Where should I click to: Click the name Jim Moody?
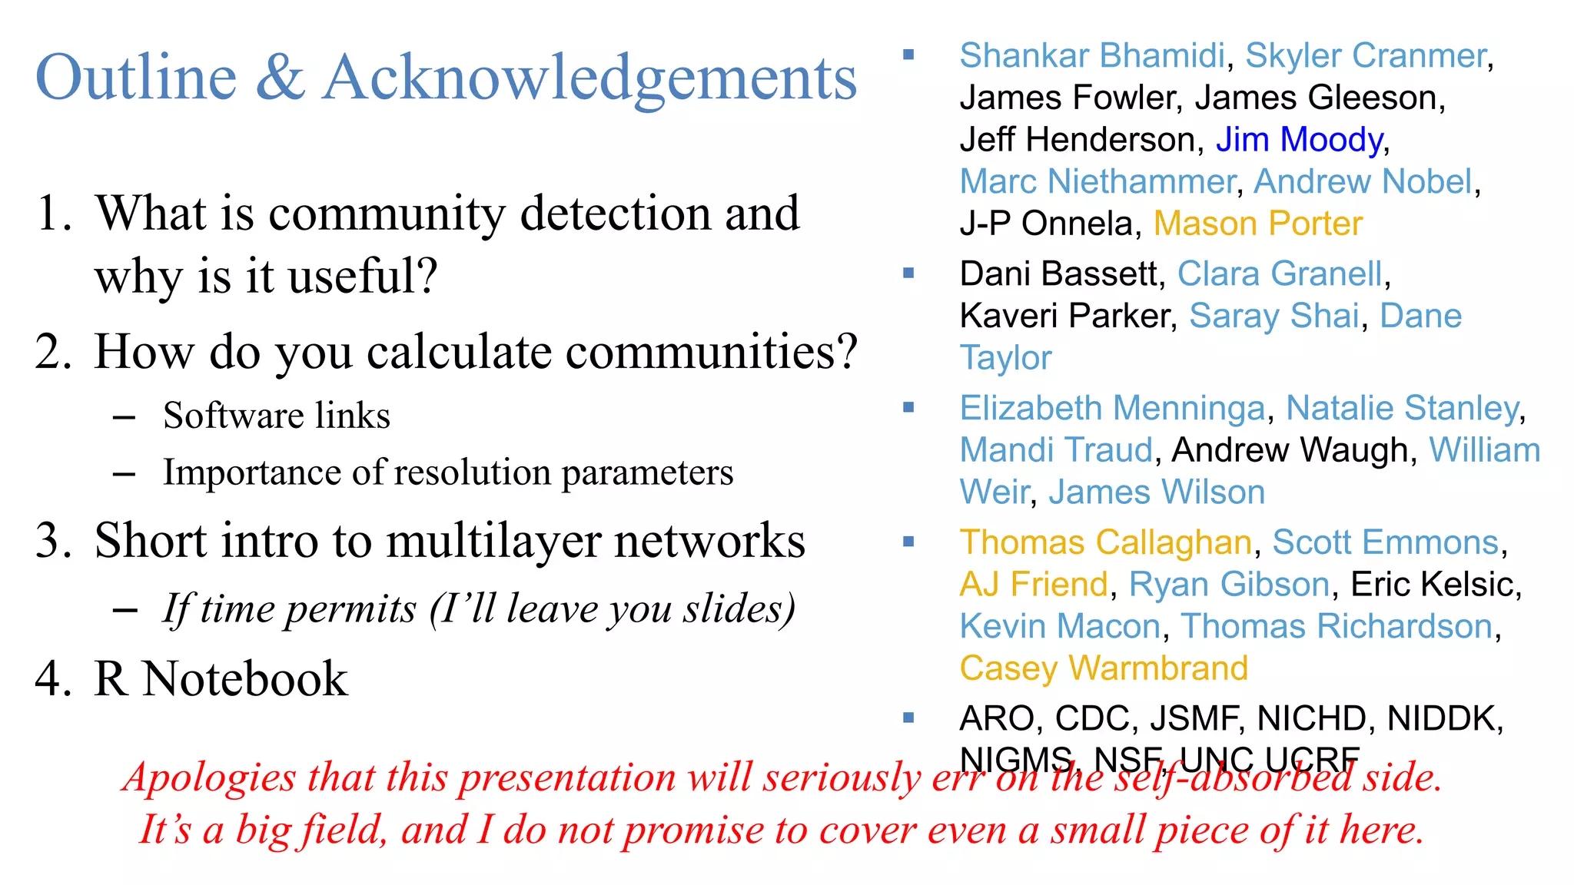[1299, 140]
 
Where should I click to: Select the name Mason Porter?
[1257, 224]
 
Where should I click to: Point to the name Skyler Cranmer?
[1366, 56]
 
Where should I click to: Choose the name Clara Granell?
[1280, 273]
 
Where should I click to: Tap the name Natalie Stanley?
[1403, 408]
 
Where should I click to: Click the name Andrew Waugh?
[1289, 450]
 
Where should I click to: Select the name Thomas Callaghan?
[1106, 542]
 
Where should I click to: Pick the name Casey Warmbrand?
[1104, 668]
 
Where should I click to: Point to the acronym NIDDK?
[1443, 719]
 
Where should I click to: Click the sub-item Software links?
[277, 416]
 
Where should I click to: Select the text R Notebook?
[221, 679]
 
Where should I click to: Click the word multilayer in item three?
[494, 540]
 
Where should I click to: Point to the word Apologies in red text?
[210, 777]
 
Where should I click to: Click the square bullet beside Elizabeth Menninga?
[908, 408]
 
